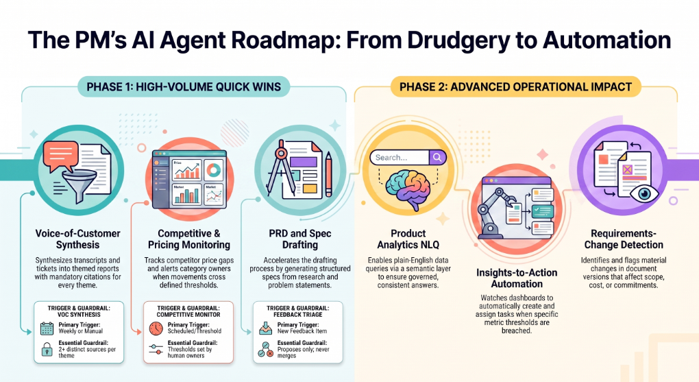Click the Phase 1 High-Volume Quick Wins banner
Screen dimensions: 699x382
pos(184,86)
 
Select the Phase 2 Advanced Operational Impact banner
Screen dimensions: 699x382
pos(515,86)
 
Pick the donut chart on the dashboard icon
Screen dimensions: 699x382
pos(214,169)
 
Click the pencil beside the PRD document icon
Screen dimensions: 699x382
pos(328,174)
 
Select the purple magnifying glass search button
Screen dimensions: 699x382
pos(437,157)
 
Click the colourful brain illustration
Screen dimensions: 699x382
pos(408,191)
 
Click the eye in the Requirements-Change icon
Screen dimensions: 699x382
pos(644,193)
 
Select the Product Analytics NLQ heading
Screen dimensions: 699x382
pos(408,239)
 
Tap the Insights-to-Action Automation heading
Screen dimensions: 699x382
pos(517,278)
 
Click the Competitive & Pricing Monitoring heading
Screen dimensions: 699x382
pos(189,239)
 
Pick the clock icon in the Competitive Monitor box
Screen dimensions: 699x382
pos(156,329)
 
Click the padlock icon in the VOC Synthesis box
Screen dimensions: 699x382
pos(47,349)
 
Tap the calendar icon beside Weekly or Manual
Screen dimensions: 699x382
pos(47,329)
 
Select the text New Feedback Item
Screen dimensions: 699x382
pos(302,331)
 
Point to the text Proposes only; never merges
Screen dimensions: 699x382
pos(303,353)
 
